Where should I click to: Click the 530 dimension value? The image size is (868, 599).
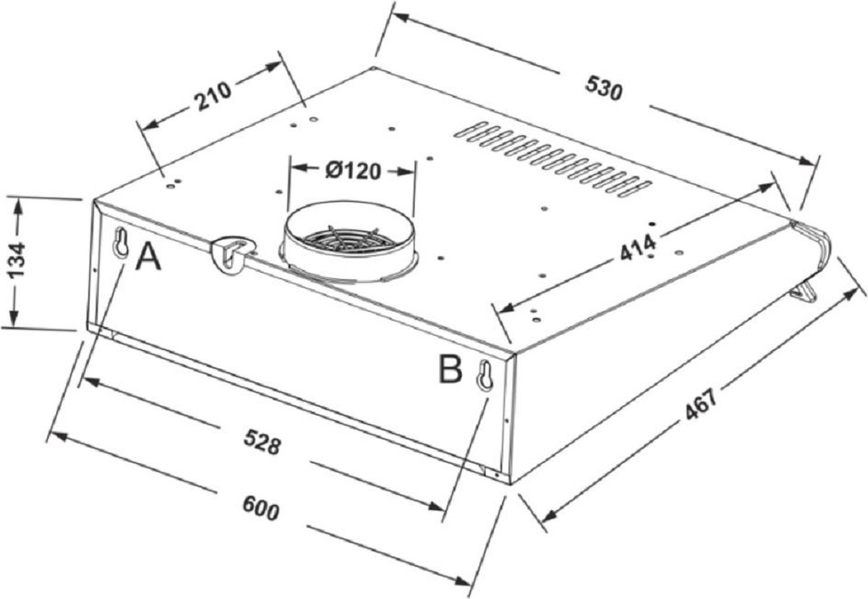[x=603, y=88]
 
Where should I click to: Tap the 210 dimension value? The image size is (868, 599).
[x=213, y=95]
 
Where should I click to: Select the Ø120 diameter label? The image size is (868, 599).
[x=353, y=171]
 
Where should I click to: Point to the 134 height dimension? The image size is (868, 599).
[x=17, y=260]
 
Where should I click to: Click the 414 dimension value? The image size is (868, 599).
[x=638, y=248]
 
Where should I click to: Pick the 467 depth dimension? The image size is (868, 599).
[x=702, y=405]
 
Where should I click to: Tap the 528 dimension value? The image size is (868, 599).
[x=262, y=441]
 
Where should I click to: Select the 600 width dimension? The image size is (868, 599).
[x=261, y=508]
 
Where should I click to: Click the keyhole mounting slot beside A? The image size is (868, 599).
[x=122, y=242]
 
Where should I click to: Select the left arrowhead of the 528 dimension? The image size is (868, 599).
[x=93, y=381]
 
